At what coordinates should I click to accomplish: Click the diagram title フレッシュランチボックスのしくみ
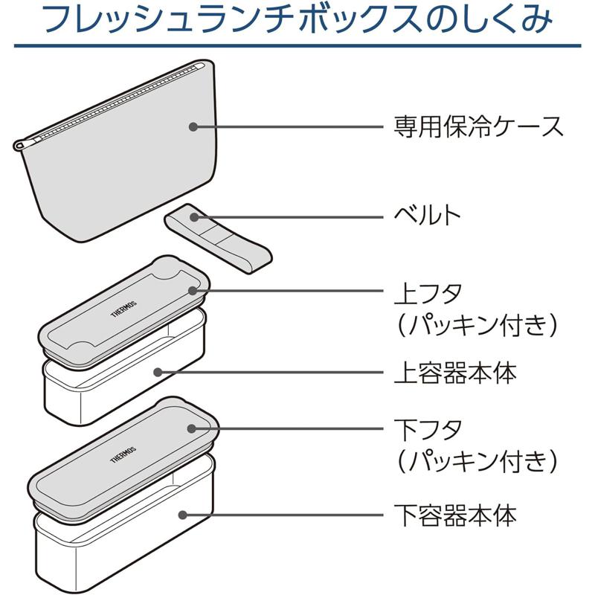(x=297, y=21)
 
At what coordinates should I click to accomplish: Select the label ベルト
(x=427, y=216)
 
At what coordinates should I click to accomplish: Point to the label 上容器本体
(x=454, y=372)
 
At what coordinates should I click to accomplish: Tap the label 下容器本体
(x=454, y=514)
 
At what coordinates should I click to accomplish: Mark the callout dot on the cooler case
(x=193, y=126)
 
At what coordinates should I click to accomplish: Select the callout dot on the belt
(x=193, y=217)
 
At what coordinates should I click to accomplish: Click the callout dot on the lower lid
(x=193, y=429)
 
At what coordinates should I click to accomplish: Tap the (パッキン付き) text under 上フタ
(x=476, y=324)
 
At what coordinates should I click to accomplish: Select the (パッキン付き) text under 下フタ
(x=476, y=461)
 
